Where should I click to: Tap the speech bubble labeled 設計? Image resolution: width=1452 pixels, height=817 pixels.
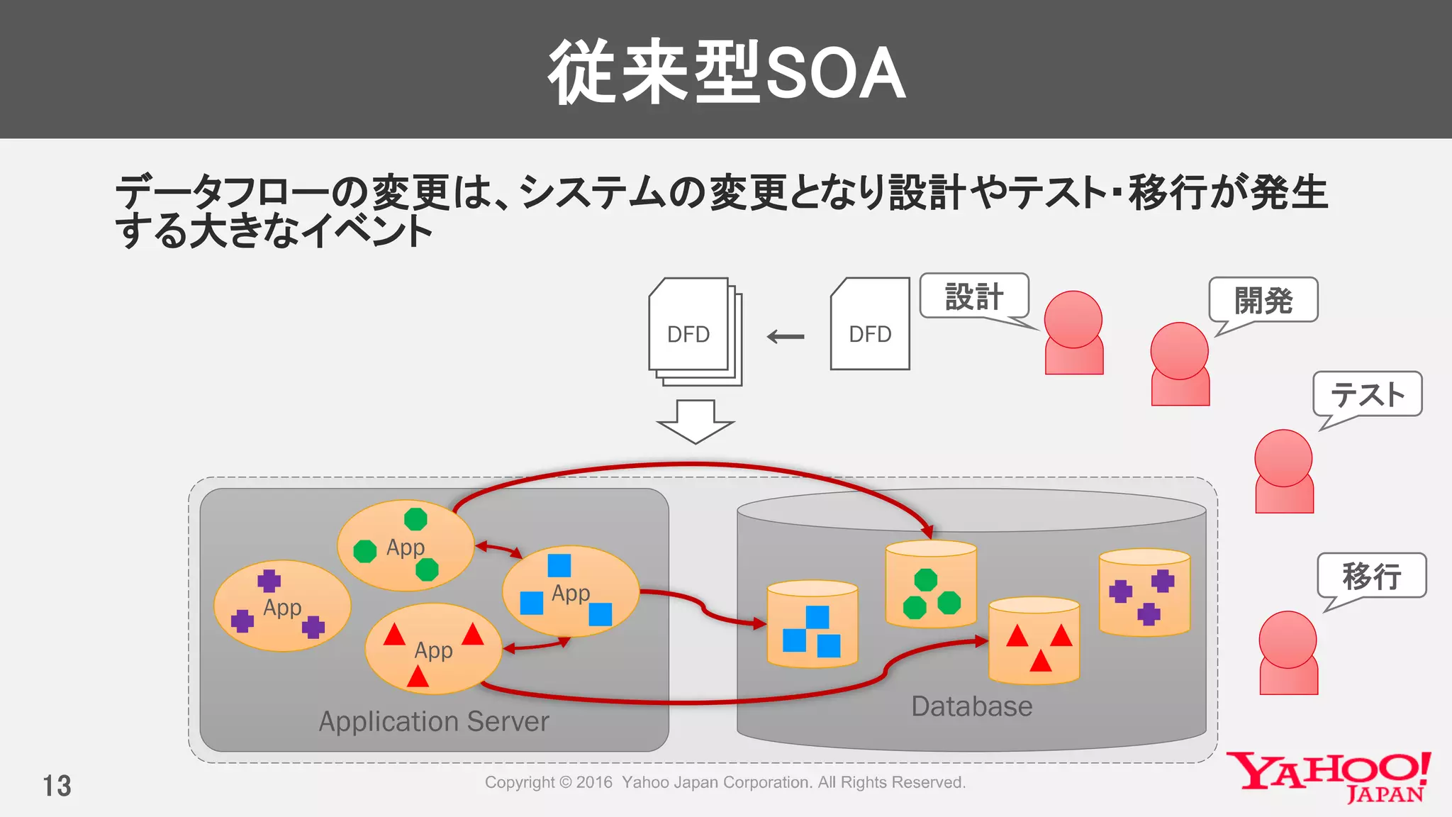coord(974,296)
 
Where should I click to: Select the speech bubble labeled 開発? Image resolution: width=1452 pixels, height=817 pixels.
coord(1263,300)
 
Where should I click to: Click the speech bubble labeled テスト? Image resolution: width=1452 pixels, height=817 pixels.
coord(1367,394)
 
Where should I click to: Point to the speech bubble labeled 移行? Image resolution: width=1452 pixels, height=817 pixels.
coord(1371,575)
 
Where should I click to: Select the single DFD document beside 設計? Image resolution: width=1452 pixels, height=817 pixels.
coord(870,325)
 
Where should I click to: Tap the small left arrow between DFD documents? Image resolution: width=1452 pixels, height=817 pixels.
coord(786,337)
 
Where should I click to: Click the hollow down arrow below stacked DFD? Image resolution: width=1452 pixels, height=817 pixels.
coord(695,421)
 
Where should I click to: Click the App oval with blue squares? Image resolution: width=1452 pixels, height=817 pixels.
coord(570,591)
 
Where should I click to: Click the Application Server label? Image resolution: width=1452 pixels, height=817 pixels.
coord(434,721)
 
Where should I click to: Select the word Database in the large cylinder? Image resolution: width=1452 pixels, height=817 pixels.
coord(971,706)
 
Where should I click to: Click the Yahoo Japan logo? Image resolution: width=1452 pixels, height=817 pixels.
coord(1328,777)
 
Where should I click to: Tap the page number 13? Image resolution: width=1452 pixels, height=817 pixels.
coord(57,786)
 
